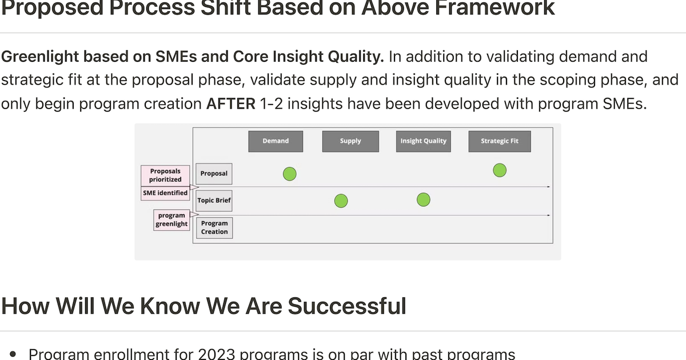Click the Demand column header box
point(276,141)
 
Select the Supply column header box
point(350,141)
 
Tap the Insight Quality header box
point(423,141)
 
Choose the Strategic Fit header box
point(499,141)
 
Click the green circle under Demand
point(290,174)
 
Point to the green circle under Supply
point(341,201)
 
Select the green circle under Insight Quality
point(424,200)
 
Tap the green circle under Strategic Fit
point(500,170)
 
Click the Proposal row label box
point(214,174)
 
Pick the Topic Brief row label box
point(214,201)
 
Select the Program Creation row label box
point(214,227)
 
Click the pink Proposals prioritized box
point(165,175)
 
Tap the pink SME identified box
point(165,193)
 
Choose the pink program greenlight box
point(171,220)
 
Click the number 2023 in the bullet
point(216,354)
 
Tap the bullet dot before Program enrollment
point(13,354)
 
